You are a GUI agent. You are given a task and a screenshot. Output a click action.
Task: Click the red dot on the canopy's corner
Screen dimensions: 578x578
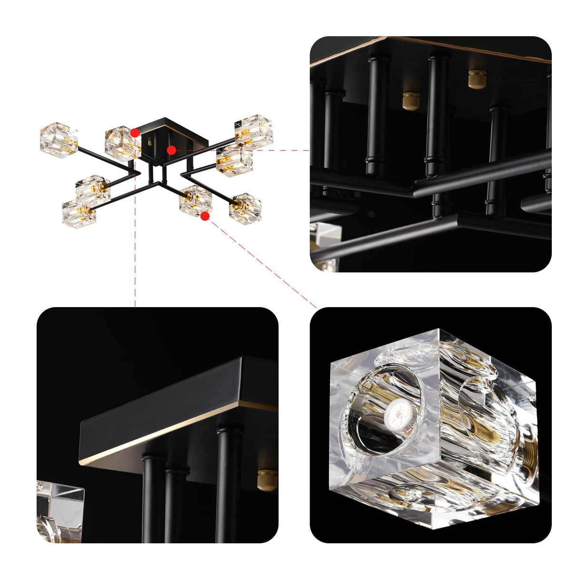click(135, 133)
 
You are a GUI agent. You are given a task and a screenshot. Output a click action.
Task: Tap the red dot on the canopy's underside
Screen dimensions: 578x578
click(171, 150)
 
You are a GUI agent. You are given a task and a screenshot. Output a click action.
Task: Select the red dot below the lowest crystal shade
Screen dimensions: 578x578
click(205, 216)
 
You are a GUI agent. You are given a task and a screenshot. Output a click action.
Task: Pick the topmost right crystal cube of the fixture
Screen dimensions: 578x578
click(254, 130)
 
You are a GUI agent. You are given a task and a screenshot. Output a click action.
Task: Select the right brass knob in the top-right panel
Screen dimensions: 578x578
click(477, 79)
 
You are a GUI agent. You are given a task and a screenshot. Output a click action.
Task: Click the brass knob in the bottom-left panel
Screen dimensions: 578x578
click(267, 479)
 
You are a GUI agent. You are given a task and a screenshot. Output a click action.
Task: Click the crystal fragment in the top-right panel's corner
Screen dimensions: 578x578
click(326, 245)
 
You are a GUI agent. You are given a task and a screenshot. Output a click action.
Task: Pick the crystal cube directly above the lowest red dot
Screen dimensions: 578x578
click(196, 200)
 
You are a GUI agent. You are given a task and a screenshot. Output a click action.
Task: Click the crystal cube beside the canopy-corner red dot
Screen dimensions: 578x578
click(122, 143)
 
